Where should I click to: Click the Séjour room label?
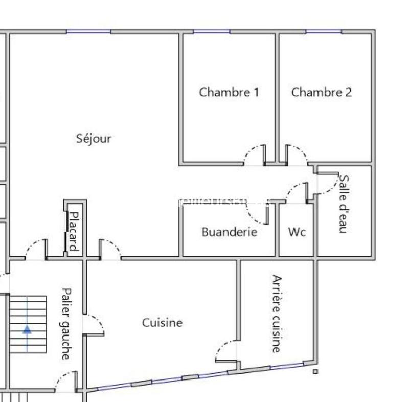point(94,138)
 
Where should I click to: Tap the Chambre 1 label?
point(229,92)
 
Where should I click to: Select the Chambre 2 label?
point(322,92)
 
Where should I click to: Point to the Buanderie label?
point(229,232)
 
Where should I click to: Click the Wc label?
point(297,232)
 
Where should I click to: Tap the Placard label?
point(73,231)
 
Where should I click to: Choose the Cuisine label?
point(162,323)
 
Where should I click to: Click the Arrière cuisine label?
point(277,314)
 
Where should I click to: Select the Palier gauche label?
point(65,323)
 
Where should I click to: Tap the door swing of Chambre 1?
point(254,154)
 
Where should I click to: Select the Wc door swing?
point(296,191)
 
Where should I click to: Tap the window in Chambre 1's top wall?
point(211,32)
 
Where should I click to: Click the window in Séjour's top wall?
point(88,32)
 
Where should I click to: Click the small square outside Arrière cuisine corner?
point(315,372)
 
